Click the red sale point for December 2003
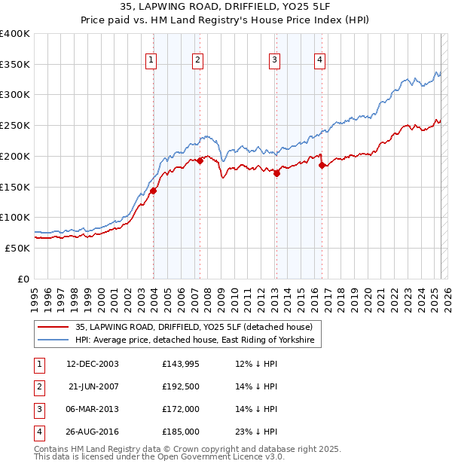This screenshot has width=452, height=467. point(153,191)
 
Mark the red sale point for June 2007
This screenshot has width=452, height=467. point(200,160)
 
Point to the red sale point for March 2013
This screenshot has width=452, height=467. point(276,173)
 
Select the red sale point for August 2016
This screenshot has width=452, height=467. point(322,165)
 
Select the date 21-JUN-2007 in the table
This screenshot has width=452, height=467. point(93,386)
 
